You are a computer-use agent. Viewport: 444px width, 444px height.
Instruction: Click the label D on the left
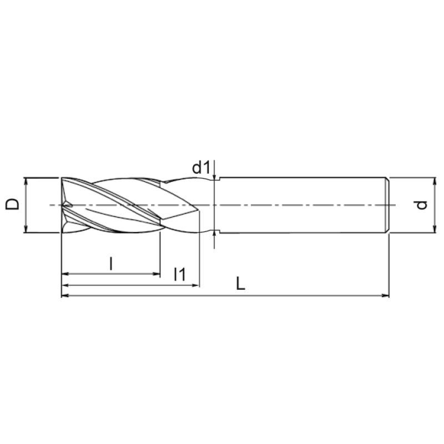click(x=12, y=204)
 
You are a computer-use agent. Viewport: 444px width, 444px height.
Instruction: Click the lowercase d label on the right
click(x=422, y=205)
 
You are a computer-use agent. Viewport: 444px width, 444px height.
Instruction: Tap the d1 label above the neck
click(x=201, y=168)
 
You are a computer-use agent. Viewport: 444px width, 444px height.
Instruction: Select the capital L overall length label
click(x=240, y=284)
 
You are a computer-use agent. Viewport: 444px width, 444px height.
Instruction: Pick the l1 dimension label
click(x=180, y=274)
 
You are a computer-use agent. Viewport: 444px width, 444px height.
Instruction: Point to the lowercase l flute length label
click(x=112, y=264)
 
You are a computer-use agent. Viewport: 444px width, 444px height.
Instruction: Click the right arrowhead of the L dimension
click(x=385, y=296)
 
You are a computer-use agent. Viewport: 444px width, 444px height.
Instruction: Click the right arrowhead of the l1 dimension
click(x=196, y=285)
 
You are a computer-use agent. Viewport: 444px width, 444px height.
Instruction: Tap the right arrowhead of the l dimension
click(x=157, y=274)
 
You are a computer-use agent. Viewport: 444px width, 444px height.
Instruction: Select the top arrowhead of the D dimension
click(x=26, y=182)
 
